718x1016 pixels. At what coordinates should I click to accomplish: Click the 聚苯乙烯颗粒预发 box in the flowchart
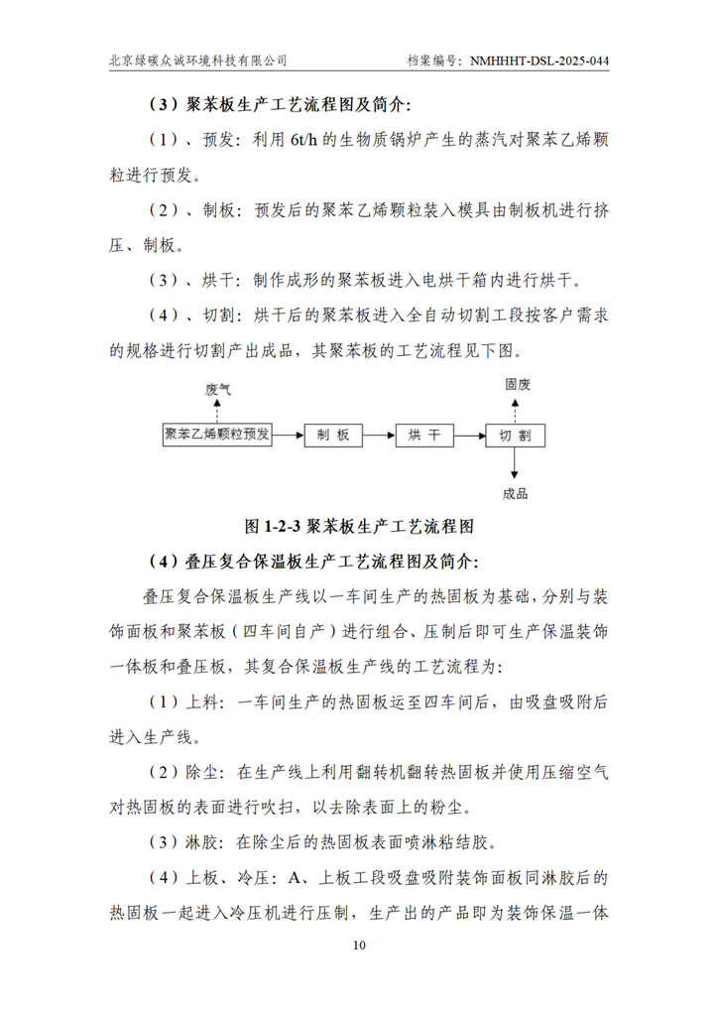[217, 435]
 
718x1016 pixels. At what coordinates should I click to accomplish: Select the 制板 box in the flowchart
[333, 435]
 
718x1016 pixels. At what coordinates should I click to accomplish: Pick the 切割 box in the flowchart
[515, 435]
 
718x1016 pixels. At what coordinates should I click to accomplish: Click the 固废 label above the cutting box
[516, 382]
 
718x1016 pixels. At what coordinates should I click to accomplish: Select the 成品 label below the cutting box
[516, 493]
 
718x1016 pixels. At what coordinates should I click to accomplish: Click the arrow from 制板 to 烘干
[379, 435]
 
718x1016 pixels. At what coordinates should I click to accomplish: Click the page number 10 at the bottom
[359, 945]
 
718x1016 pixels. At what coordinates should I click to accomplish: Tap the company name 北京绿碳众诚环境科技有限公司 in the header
[198, 61]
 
